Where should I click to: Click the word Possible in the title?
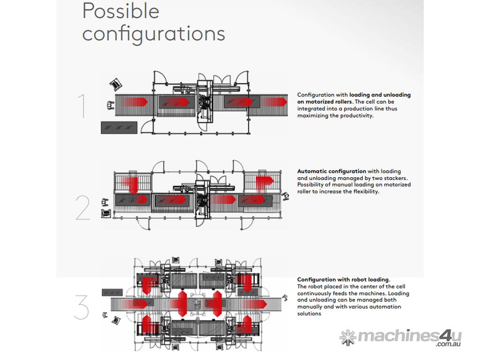click(121, 11)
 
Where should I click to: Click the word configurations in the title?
click(154, 34)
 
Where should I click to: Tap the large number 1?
click(82, 106)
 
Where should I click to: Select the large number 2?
click(82, 208)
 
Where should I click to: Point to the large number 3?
click(82, 307)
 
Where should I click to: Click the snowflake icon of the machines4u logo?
click(348, 337)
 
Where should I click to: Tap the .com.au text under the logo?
click(448, 344)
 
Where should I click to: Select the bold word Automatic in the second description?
click(312, 171)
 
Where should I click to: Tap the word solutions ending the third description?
click(309, 314)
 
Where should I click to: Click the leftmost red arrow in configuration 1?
click(135, 102)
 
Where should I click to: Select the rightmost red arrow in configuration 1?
click(274, 102)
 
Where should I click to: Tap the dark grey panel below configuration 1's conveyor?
click(119, 127)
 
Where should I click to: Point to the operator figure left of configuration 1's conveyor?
click(111, 105)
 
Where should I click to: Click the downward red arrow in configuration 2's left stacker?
click(132, 185)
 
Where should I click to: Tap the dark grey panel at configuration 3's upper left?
click(112, 292)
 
